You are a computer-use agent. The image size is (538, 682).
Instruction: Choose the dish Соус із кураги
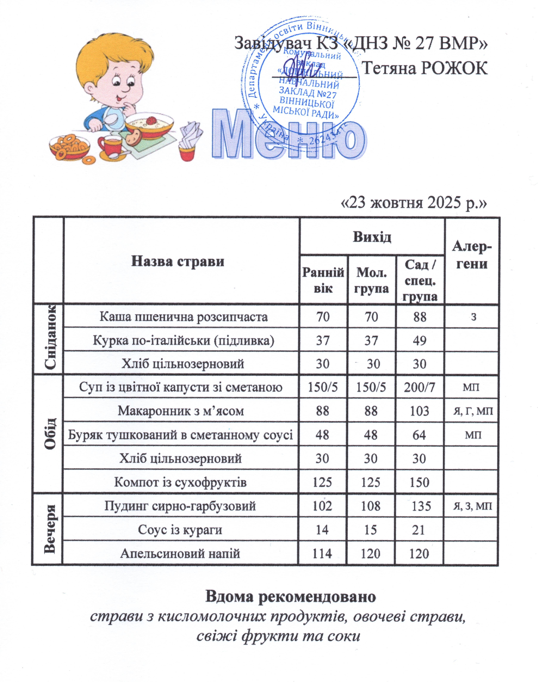tap(180, 530)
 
